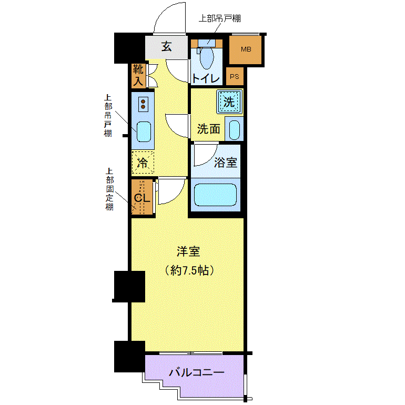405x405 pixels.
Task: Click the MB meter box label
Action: (246, 49)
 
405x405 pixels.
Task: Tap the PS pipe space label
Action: (235, 76)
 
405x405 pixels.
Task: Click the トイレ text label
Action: (206, 78)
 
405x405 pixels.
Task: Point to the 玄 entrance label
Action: (166, 46)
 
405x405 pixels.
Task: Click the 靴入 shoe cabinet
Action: (138, 75)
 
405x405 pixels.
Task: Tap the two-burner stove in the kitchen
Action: (143, 104)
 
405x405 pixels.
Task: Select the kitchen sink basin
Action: (144, 131)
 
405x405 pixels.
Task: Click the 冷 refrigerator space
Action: (143, 163)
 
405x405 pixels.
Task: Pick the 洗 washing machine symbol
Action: (229, 102)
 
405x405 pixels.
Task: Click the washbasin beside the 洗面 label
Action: (234, 129)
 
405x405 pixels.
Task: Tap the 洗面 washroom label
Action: (209, 129)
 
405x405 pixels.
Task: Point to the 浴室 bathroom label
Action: (226, 163)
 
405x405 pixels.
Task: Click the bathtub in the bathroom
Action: (215, 195)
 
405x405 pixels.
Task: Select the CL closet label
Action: (142, 198)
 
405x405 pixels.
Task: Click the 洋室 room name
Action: (188, 251)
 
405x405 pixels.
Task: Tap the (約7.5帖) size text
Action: (189, 270)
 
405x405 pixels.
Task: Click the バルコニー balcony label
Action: (197, 372)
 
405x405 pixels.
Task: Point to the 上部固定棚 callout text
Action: (109, 189)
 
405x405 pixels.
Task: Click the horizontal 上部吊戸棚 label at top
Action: (219, 18)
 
